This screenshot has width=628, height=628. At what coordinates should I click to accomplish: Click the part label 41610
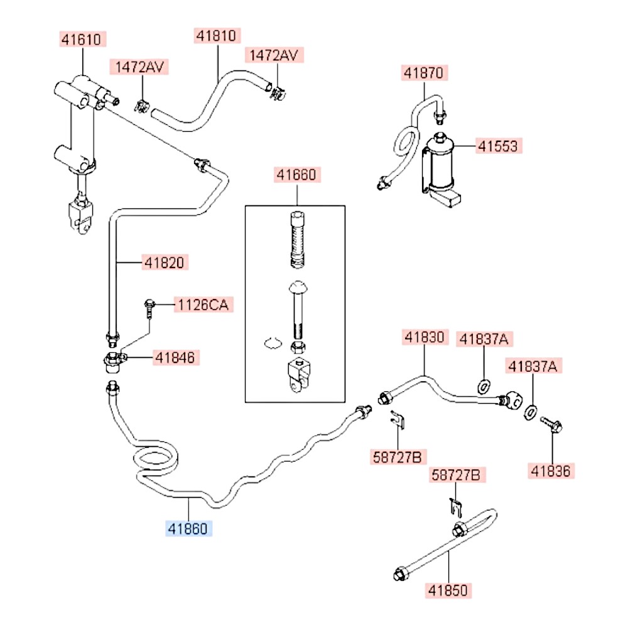pos(81,39)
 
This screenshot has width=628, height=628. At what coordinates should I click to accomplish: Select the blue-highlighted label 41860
pos(188,529)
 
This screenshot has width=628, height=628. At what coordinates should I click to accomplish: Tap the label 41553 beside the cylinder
pos(498,146)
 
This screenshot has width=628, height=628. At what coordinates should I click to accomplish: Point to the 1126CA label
pos(203,305)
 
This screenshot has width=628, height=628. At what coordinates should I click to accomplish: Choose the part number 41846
pos(175,358)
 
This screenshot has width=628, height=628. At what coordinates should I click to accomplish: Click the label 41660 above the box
pos(297,175)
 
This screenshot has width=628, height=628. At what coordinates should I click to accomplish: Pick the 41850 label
pos(448,590)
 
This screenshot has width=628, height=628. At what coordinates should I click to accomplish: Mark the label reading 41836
pos(551,471)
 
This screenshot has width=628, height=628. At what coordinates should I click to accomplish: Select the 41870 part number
pos(424,73)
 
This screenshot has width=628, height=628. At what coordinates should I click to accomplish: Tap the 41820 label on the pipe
pos(164,263)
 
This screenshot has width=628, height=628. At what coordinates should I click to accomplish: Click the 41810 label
pos(216,36)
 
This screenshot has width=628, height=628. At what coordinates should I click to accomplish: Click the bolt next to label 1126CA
pos(149,309)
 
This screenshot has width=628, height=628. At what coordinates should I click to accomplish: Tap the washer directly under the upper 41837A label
pos(484,387)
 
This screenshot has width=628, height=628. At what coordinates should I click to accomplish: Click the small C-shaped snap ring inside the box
pos(273,344)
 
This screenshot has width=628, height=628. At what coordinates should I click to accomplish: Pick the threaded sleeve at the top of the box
pos(297,239)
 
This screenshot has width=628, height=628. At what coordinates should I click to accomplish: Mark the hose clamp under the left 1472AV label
pos(141,107)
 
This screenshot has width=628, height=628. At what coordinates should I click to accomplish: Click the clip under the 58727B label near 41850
pos(456,508)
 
